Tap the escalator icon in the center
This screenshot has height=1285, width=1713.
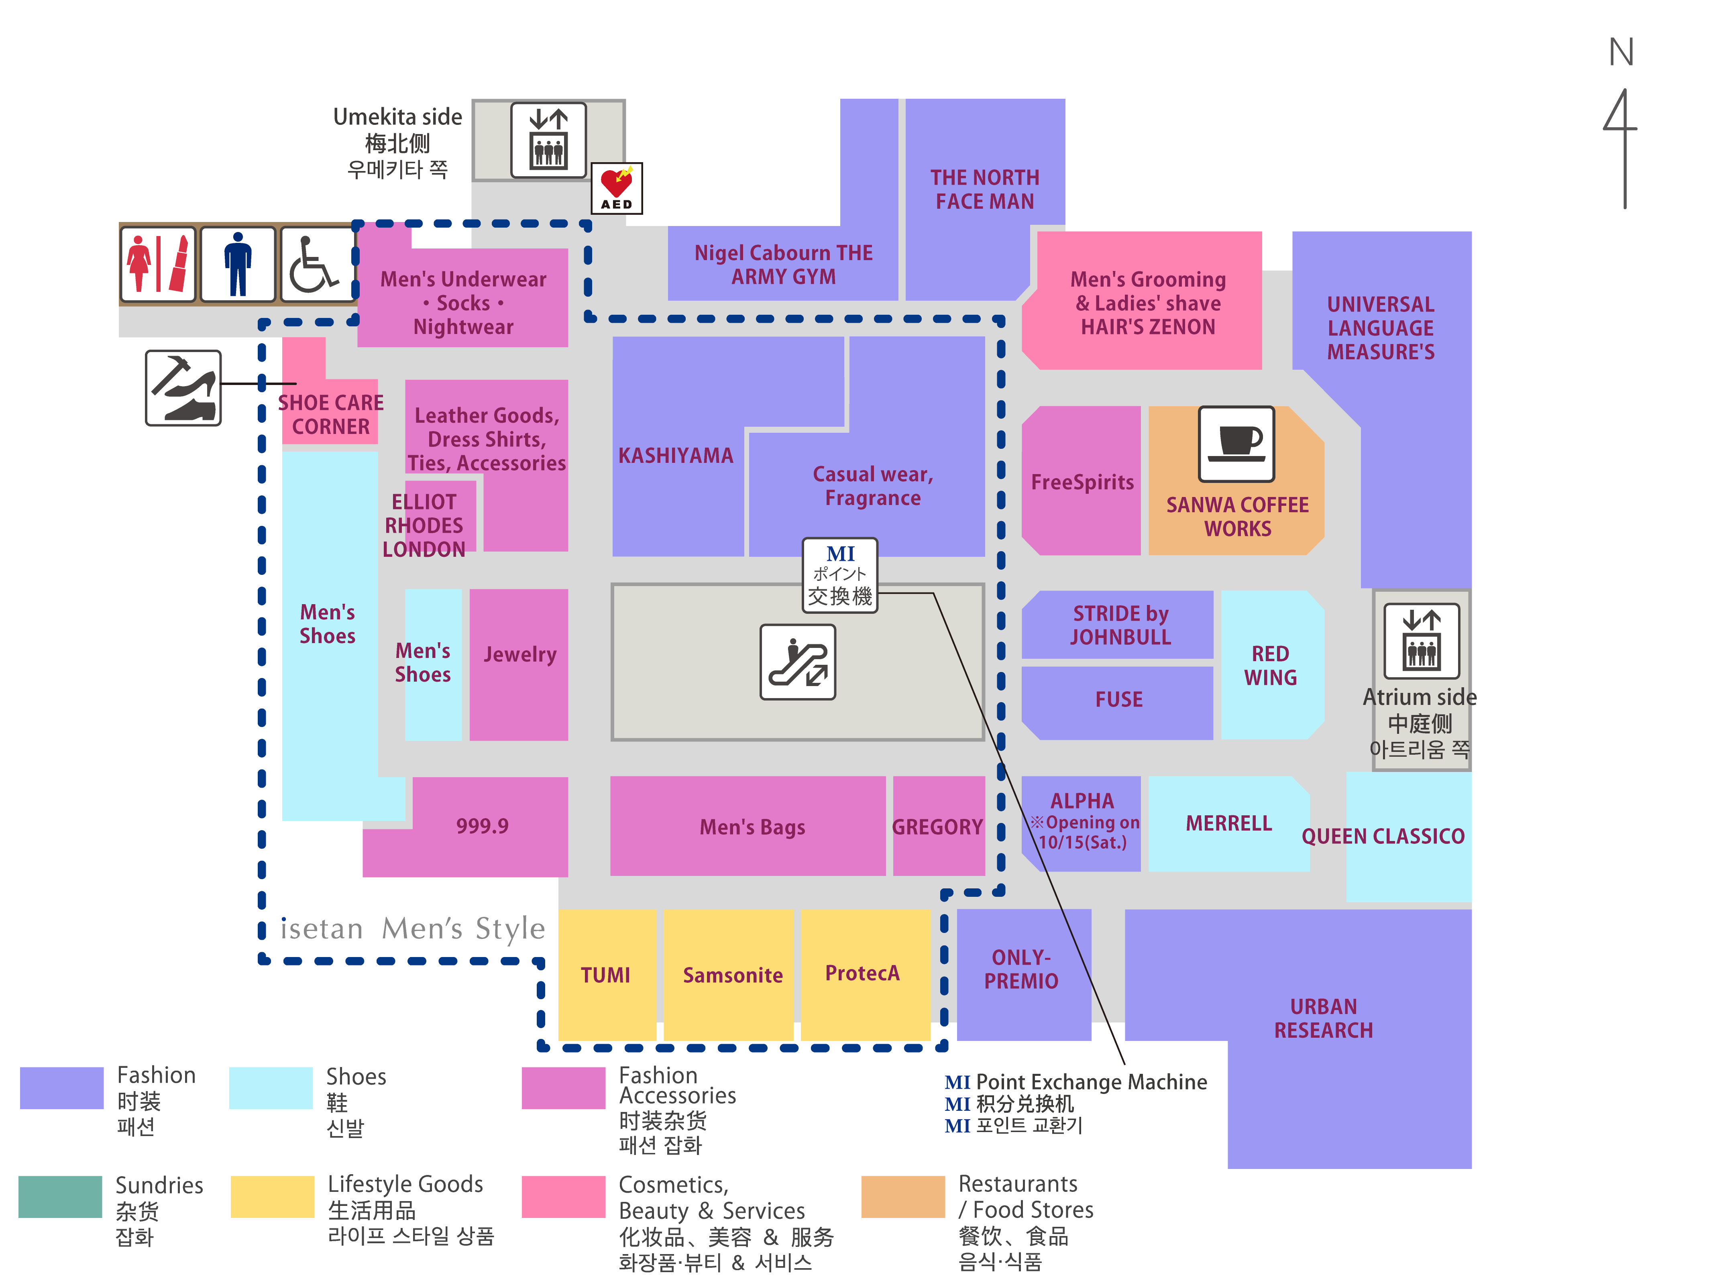(x=798, y=662)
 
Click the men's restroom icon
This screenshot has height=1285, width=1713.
(x=238, y=264)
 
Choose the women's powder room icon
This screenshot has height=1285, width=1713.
(x=159, y=264)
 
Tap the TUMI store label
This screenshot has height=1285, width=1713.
(x=605, y=975)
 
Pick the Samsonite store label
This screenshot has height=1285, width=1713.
(x=733, y=975)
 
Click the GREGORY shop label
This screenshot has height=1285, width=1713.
(x=937, y=827)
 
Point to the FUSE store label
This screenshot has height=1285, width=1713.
(x=1118, y=699)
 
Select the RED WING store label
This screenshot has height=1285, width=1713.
(x=1270, y=665)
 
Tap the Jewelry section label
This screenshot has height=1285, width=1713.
(x=519, y=654)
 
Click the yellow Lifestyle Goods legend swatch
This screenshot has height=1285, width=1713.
(x=273, y=1197)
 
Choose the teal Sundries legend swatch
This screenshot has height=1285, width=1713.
(x=60, y=1197)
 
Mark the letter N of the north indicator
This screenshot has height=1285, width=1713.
(x=1621, y=53)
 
